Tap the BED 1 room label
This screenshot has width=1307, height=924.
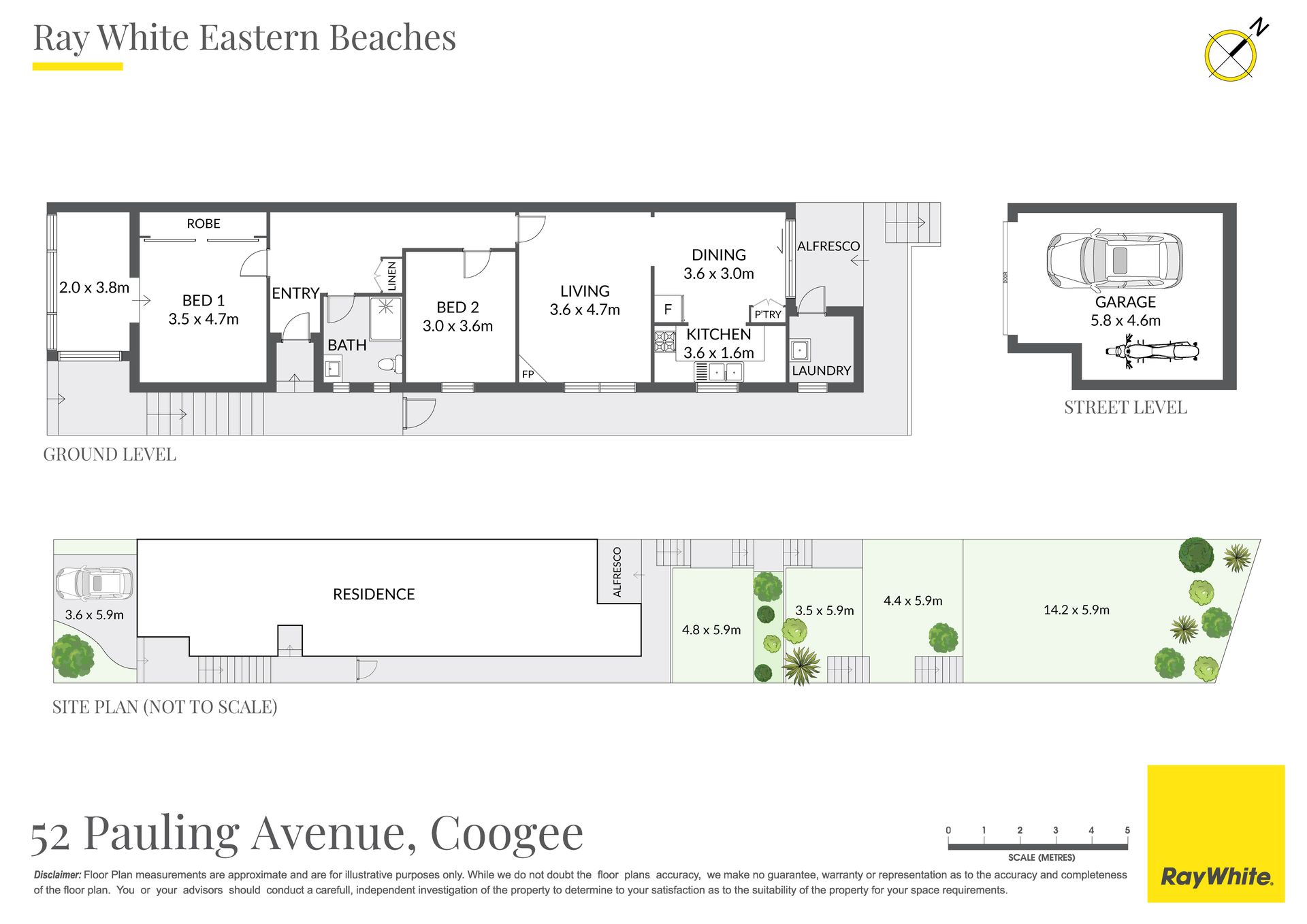point(203,300)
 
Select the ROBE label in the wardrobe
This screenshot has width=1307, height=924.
point(204,223)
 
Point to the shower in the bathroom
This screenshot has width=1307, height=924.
point(386,318)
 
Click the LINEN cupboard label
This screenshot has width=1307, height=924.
point(391,276)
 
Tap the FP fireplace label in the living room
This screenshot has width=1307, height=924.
point(528,374)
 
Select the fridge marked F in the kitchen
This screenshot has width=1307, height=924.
point(668,309)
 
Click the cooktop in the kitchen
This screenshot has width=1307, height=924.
point(664,341)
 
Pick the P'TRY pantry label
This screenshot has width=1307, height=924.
point(767,314)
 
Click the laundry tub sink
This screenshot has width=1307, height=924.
point(800,350)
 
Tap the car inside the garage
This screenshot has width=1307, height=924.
point(1114,261)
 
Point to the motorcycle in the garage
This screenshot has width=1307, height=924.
point(1152,352)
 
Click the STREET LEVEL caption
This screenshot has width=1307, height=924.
point(1125,408)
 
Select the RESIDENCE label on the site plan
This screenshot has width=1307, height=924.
point(374,594)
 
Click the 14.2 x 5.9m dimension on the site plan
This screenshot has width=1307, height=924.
point(1076,610)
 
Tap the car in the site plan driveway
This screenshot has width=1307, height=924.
point(94,584)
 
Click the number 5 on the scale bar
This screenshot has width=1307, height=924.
point(1127,830)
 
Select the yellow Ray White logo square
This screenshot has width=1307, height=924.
point(1216,834)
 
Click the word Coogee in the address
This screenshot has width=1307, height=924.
point(506,834)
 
